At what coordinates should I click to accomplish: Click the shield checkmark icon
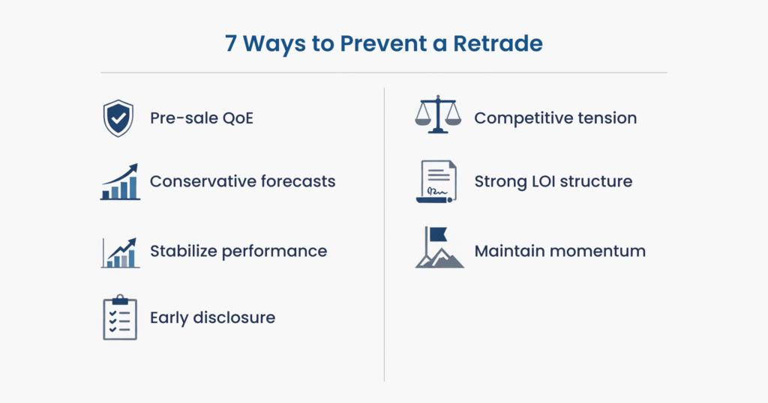(118, 118)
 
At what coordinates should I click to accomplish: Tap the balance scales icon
(438, 115)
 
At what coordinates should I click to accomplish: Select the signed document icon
(436, 181)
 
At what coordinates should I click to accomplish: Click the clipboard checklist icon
(120, 318)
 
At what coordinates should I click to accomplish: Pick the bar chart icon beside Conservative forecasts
(121, 181)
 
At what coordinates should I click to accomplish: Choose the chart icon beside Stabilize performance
(121, 252)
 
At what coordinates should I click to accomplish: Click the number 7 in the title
(231, 43)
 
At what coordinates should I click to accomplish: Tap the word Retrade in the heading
(498, 43)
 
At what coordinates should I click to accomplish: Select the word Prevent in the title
(383, 43)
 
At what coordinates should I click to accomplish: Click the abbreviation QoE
(238, 118)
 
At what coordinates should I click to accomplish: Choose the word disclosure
(234, 318)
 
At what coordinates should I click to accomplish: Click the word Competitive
(523, 118)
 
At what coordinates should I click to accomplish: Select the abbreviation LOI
(543, 181)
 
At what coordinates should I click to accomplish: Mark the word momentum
(598, 252)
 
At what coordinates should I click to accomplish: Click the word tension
(607, 118)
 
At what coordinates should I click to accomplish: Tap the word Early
(169, 318)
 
